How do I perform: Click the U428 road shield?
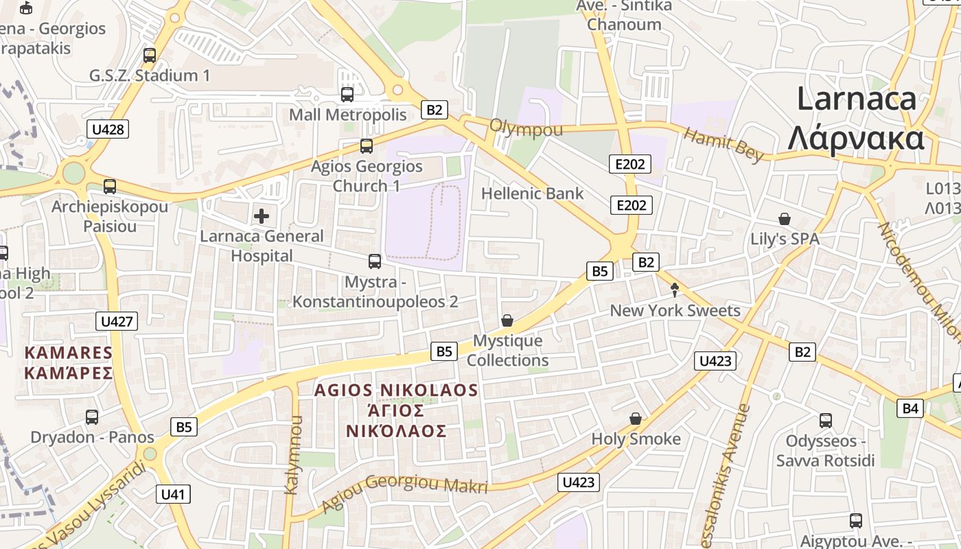click(108, 129)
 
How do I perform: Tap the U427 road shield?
click(117, 321)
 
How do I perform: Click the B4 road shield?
click(910, 408)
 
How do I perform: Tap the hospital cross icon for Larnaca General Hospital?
click(262, 217)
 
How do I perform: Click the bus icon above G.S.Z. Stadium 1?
click(150, 56)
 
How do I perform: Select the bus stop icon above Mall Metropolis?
click(347, 95)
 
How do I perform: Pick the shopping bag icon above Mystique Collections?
click(507, 320)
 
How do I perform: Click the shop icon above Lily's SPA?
click(785, 220)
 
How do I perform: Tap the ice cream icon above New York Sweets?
click(674, 290)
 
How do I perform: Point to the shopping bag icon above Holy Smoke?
click(636, 419)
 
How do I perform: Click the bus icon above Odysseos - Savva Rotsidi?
click(825, 420)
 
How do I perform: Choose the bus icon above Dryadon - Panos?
click(92, 417)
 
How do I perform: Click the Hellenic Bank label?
click(532, 194)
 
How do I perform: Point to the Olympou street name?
click(526, 129)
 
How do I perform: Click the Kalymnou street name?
click(292, 463)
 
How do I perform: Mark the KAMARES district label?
click(68, 353)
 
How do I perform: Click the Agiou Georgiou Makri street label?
click(405, 491)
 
